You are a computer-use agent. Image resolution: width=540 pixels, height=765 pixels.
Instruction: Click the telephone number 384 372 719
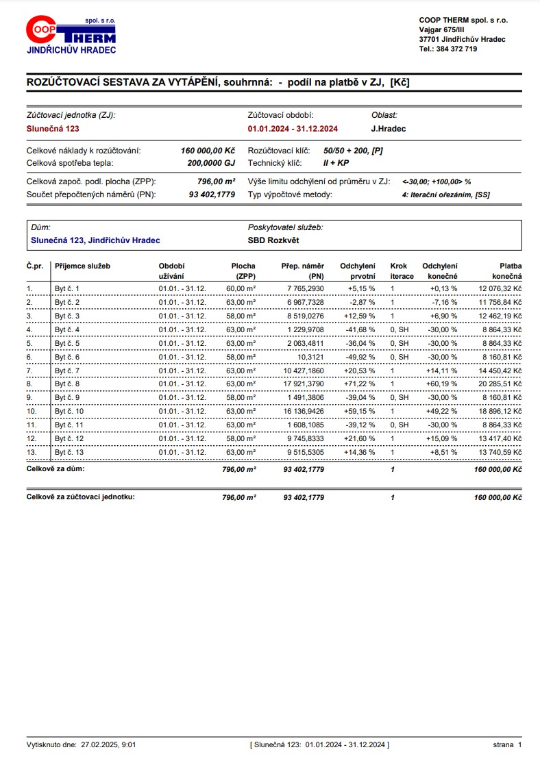[457, 49]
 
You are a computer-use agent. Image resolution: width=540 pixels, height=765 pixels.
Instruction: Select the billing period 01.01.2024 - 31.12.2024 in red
[293, 129]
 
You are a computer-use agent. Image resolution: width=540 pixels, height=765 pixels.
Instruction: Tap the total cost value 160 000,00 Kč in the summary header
[208, 150]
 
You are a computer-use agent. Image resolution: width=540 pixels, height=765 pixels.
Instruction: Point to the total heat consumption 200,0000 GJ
[211, 163]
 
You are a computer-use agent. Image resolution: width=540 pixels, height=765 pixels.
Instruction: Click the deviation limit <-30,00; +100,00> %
[437, 181]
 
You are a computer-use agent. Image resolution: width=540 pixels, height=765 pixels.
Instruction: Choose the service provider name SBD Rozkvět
[273, 240]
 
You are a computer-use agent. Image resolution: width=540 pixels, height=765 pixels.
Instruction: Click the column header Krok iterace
[402, 271]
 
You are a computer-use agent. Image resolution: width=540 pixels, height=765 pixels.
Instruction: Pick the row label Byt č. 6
[67, 357]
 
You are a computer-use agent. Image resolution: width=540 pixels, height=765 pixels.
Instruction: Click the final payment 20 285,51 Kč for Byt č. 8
[500, 384]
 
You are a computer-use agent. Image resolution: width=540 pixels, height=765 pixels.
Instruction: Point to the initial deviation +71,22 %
[358, 384]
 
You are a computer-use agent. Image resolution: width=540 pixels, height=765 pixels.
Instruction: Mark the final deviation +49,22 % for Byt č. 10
[441, 411]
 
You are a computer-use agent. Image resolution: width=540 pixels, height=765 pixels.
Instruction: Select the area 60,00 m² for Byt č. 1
[241, 289]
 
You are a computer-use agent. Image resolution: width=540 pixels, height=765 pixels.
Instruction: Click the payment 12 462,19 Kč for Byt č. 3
[500, 316]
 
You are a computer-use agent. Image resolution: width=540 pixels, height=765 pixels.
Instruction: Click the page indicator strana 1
[508, 744]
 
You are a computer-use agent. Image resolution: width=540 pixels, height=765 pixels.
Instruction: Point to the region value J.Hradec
[388, 129]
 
